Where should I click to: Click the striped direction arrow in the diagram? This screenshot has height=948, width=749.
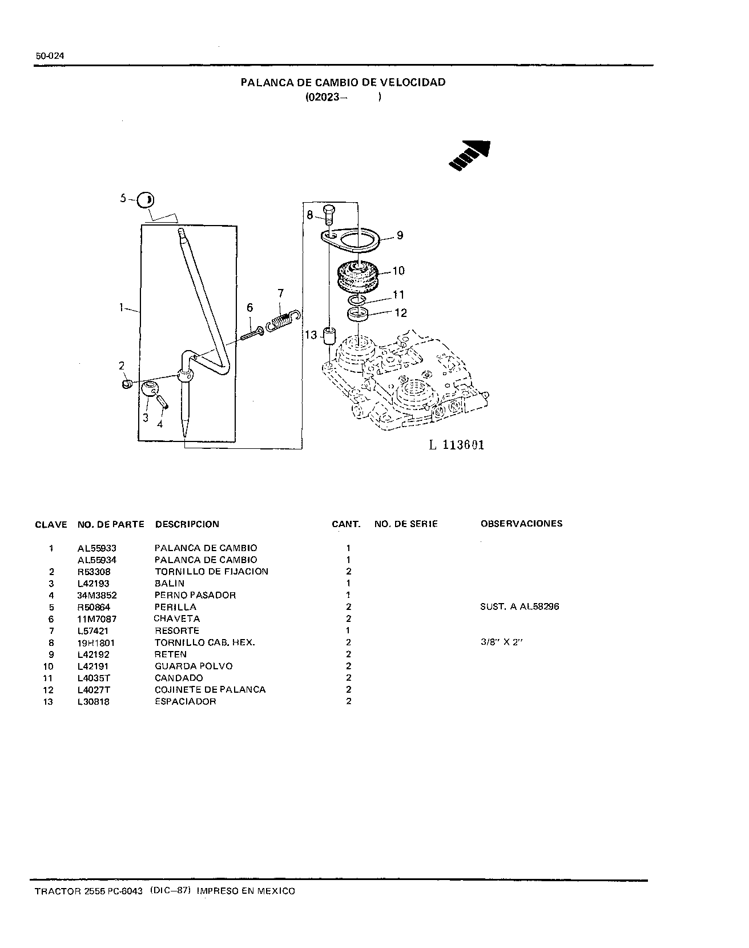tap(470, 155)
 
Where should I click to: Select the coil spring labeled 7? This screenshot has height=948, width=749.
tap(283, 319)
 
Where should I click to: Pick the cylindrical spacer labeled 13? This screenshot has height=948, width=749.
tap(329, 336)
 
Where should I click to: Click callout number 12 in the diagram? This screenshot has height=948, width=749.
tap(401, 312)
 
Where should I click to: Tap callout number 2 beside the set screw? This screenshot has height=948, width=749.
tap(122, 365)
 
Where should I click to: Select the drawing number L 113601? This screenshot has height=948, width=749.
tap(457, 445)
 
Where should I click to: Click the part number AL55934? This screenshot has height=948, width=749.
tap(97, 560)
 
